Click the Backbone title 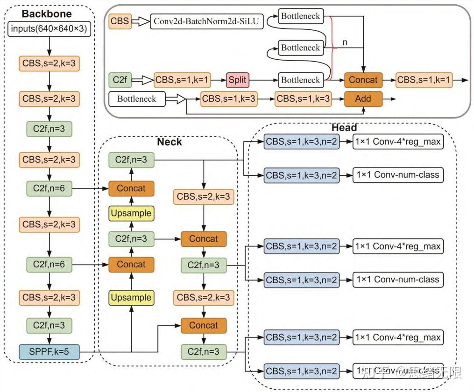46,14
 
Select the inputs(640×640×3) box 50,30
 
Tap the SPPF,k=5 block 50,351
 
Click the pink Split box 237,80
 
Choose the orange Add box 363,98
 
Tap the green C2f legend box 120,80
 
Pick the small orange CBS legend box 120,21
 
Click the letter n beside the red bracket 345,42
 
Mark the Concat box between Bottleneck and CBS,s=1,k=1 363,80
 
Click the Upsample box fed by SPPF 131,297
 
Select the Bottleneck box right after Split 300,80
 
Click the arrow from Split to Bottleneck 263,80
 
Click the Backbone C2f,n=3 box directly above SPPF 50,325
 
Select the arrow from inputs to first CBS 50,47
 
